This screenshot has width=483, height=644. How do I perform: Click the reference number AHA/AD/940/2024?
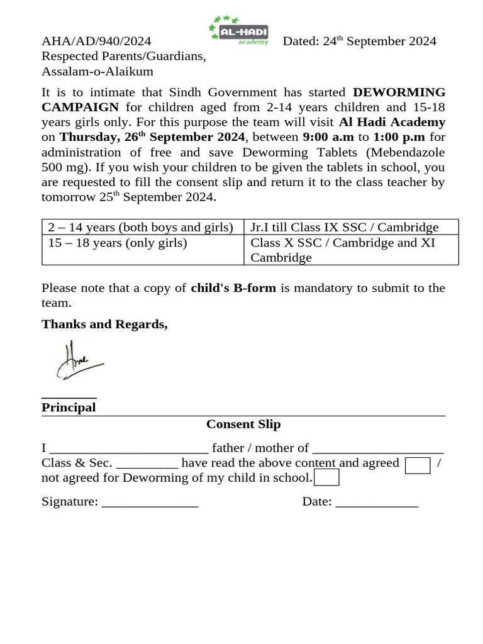[x=96, y=42]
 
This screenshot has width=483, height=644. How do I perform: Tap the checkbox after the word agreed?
[x=418, y=465]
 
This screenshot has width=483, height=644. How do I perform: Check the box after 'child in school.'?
[x=326, y=478]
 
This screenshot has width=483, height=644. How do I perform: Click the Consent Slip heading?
[x=243, y=425]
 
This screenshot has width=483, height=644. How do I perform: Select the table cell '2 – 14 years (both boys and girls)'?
[x=142, y=227]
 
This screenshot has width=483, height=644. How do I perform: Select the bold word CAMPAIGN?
[x=80, y=107]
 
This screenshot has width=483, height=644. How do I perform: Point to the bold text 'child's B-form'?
[x=233, y=288]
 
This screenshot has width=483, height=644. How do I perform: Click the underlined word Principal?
[x=69, y=408]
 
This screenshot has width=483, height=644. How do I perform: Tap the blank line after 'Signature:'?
[x=150, y=502]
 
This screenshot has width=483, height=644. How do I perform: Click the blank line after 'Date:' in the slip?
[x=377, y=502]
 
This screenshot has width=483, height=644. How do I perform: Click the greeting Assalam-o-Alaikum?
[x=97, y=72]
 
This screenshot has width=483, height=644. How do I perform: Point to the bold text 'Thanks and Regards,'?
[x=104, y=325]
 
